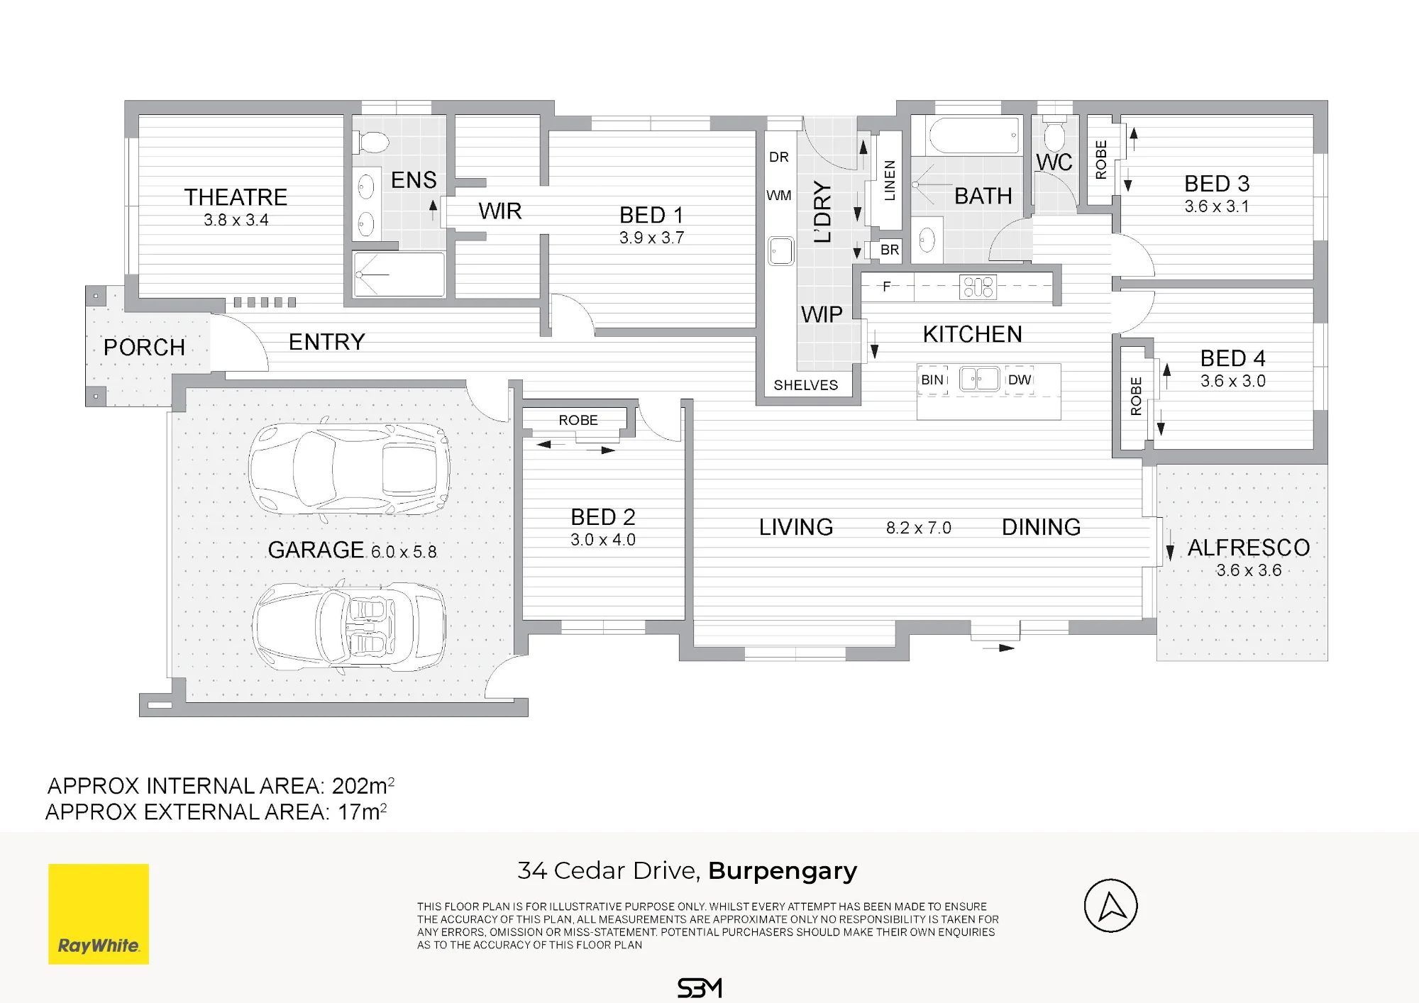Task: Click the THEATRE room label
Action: point(236,197)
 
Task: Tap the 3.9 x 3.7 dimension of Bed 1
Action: point(651,238)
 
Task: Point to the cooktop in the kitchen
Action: point(978,287)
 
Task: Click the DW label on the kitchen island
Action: point(1019,379)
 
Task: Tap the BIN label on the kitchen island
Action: point(932,379)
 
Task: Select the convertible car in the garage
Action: point(349,626)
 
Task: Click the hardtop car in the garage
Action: point(349,468)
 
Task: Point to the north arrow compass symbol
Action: point(1111,906)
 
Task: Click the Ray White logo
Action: point(99,914)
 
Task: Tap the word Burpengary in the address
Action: point(783,871)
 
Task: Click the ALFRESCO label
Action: point(1249,548)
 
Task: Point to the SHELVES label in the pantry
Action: point(805,385)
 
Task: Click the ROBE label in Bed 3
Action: point(1101,160)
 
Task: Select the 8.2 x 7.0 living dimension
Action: point(919,528)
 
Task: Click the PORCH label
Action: point(144,348)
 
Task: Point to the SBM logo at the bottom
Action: point(700,988)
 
